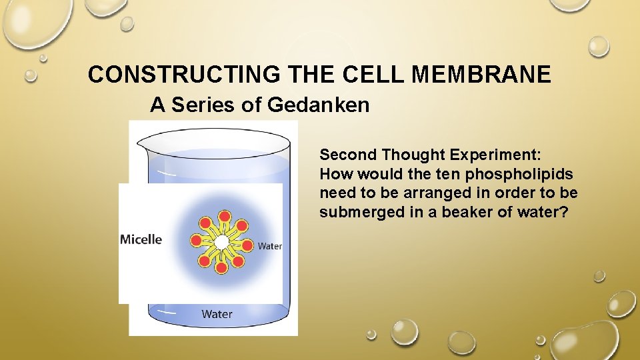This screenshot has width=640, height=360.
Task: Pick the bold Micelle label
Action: pyautogui.click(x=141, y=239)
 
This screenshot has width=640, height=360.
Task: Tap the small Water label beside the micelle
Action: pyautogui.click(x=269, y=246)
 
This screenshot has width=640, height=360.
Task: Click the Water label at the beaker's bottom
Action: pyautogui.click(x=217, y=313)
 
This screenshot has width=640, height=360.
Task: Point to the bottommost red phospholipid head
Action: pyautogui.click(x=221, y=267)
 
